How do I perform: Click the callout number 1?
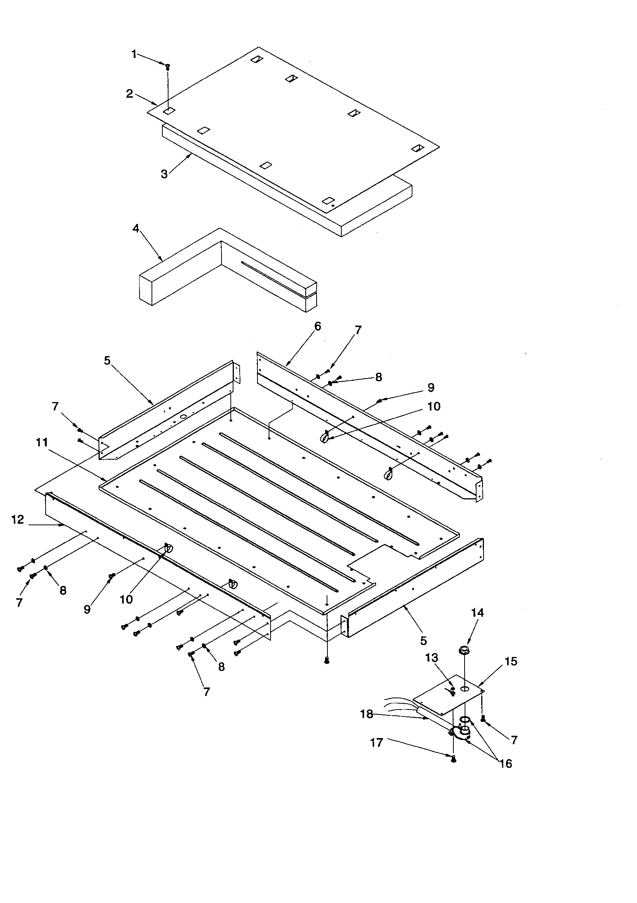coord(134,54)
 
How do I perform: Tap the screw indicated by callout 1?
coord(168,66)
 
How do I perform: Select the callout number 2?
coord(129,94)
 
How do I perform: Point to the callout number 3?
coord(164,174)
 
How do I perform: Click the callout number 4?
coord(136,229)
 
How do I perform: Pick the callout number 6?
coord(317,326)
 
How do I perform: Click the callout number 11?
coord(42,443)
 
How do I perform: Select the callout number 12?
coord(18,519)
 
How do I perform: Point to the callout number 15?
coord(511,661)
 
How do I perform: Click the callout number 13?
coord(432,658)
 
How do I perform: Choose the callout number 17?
coord(377,743)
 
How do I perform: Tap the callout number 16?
coord(506,764)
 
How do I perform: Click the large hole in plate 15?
coord(465,689)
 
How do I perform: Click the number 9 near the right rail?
coord(431,387)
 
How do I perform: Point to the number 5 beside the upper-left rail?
coord(107,360)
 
